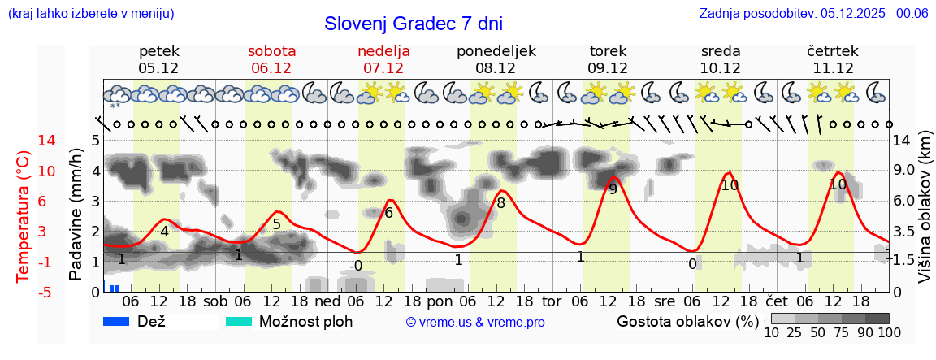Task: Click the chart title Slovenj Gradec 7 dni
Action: pyautogui.click(x=413, y=24)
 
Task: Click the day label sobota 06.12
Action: pyautogui.click(x=271, y=59)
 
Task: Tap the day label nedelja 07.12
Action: pyautogui.click(x=383, y=59)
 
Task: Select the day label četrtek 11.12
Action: pyautogui.click(x=832, y=59)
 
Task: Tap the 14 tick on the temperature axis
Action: pyautogui.click(x=24, y=141)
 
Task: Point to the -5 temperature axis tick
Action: pyautogui.click(x=24, y=292)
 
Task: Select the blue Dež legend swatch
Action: pyautogui.click(x=122, y=321)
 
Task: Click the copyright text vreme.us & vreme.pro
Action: pyautogui.click(x=475, y=323)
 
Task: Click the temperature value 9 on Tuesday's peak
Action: pyautogui.click(x=613, y=189)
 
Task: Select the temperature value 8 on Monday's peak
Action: pyautogui.click(x=500, y=203)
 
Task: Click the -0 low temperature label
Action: pyautogui.click(x=356, y=266)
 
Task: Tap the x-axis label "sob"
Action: pyautogui.click(x=216, y=301)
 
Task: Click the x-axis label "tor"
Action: pyautogui.click(x=552, y=301)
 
